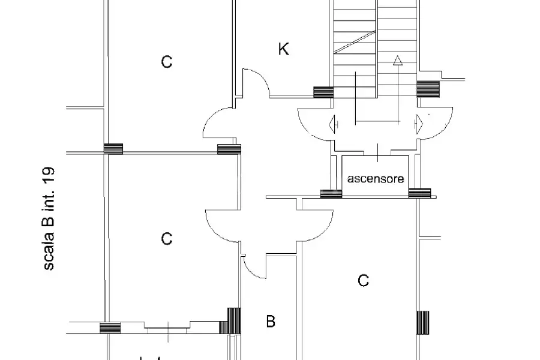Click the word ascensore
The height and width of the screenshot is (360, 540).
click(376, 179)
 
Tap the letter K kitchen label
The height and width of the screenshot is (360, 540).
click(283, 49)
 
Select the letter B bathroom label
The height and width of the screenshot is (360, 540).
click(271, 321)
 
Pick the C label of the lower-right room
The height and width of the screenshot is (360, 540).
click(364, 280)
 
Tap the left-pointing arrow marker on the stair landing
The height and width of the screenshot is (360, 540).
click(333, 124)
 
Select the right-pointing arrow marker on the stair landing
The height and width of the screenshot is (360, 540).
click(419, 124)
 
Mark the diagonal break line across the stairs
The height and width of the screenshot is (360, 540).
click(355, 43)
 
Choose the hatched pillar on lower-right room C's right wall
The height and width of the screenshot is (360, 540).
click(423, 323)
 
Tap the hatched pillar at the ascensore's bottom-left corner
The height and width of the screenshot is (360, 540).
click(331, 194)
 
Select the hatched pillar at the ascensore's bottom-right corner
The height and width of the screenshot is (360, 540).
click(419, 193)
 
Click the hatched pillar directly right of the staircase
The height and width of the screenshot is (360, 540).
click(428, 89)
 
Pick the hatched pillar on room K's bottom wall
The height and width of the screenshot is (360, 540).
click(323, 92)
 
